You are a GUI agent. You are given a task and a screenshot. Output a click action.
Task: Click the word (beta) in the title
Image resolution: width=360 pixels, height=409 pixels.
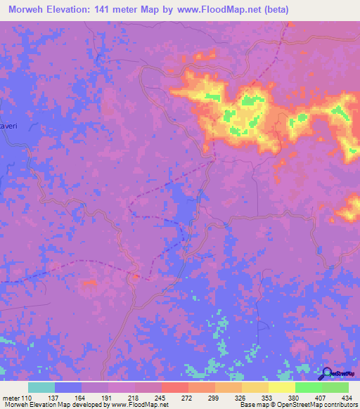coord(271,10)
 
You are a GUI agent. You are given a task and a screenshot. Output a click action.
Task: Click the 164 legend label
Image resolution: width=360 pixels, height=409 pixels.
coord(82,397)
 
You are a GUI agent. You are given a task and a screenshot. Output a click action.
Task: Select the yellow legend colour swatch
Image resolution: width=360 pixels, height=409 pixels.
coord(281,387)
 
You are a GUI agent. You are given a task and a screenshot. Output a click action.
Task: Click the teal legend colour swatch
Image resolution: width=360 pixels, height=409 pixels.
coord(41,387)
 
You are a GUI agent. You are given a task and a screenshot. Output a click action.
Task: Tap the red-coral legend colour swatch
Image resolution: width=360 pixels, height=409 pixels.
coord(174,387)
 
